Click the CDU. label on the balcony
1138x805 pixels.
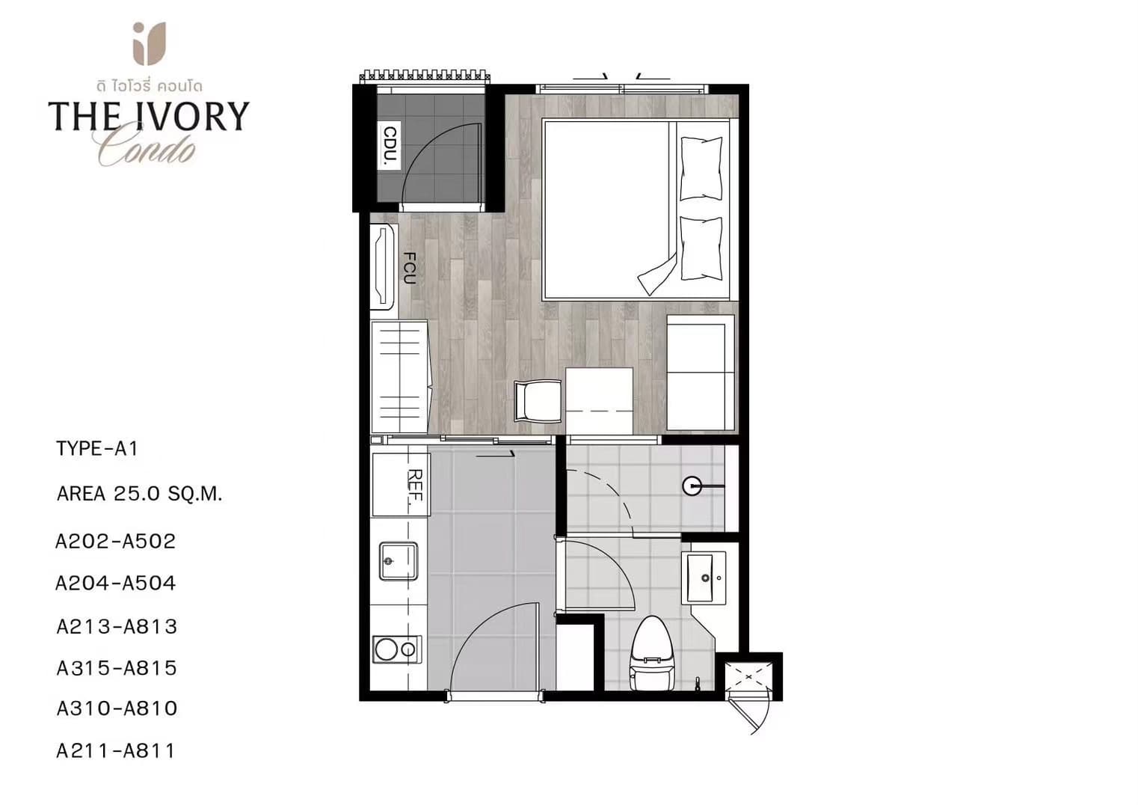pos(390,147)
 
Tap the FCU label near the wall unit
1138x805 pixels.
pos(410,268)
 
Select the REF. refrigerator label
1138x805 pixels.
pos(416,486)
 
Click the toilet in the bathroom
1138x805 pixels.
pos(652,654)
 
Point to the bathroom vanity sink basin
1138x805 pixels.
pos(706,578)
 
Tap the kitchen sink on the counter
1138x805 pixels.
pos(399,561)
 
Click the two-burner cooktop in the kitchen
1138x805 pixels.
pos(397,649)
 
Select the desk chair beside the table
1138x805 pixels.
pos(538,401)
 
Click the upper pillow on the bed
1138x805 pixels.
pos(701,168)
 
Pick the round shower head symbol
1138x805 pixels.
pos(692,486)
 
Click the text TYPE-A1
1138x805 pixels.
pos(97,449)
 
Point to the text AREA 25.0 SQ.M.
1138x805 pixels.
pos(140,494)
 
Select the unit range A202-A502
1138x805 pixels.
pos(116,541)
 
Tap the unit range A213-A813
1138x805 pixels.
pos(117,627)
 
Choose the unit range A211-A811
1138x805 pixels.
pos(116,750)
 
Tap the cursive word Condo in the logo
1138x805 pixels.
pos(147,148)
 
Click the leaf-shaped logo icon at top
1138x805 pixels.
pos(150,43)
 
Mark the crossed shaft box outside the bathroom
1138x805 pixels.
pos(748,677)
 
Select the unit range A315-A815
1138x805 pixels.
pos(117,668)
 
